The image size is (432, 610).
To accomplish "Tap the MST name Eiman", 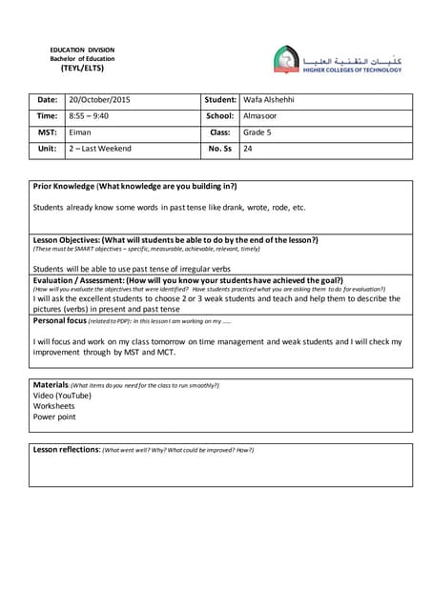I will pos(80,132).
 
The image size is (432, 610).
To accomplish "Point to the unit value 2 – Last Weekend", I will pos(100,149).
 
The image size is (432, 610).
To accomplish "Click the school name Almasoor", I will pos(261,116).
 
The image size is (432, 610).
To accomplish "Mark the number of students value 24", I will pos(248,149).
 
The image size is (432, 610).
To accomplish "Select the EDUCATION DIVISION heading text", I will pos(81,50).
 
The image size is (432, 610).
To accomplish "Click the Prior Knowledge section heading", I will pos(134,186).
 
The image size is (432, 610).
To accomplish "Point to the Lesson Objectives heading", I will pos(175,239).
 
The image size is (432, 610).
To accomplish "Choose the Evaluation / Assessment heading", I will pos(188,280).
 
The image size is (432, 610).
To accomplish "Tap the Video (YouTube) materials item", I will pos(62,396).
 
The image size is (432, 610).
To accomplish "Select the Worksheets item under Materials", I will pos(54,406).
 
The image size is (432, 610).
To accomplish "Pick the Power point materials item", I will pos(54,417).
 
